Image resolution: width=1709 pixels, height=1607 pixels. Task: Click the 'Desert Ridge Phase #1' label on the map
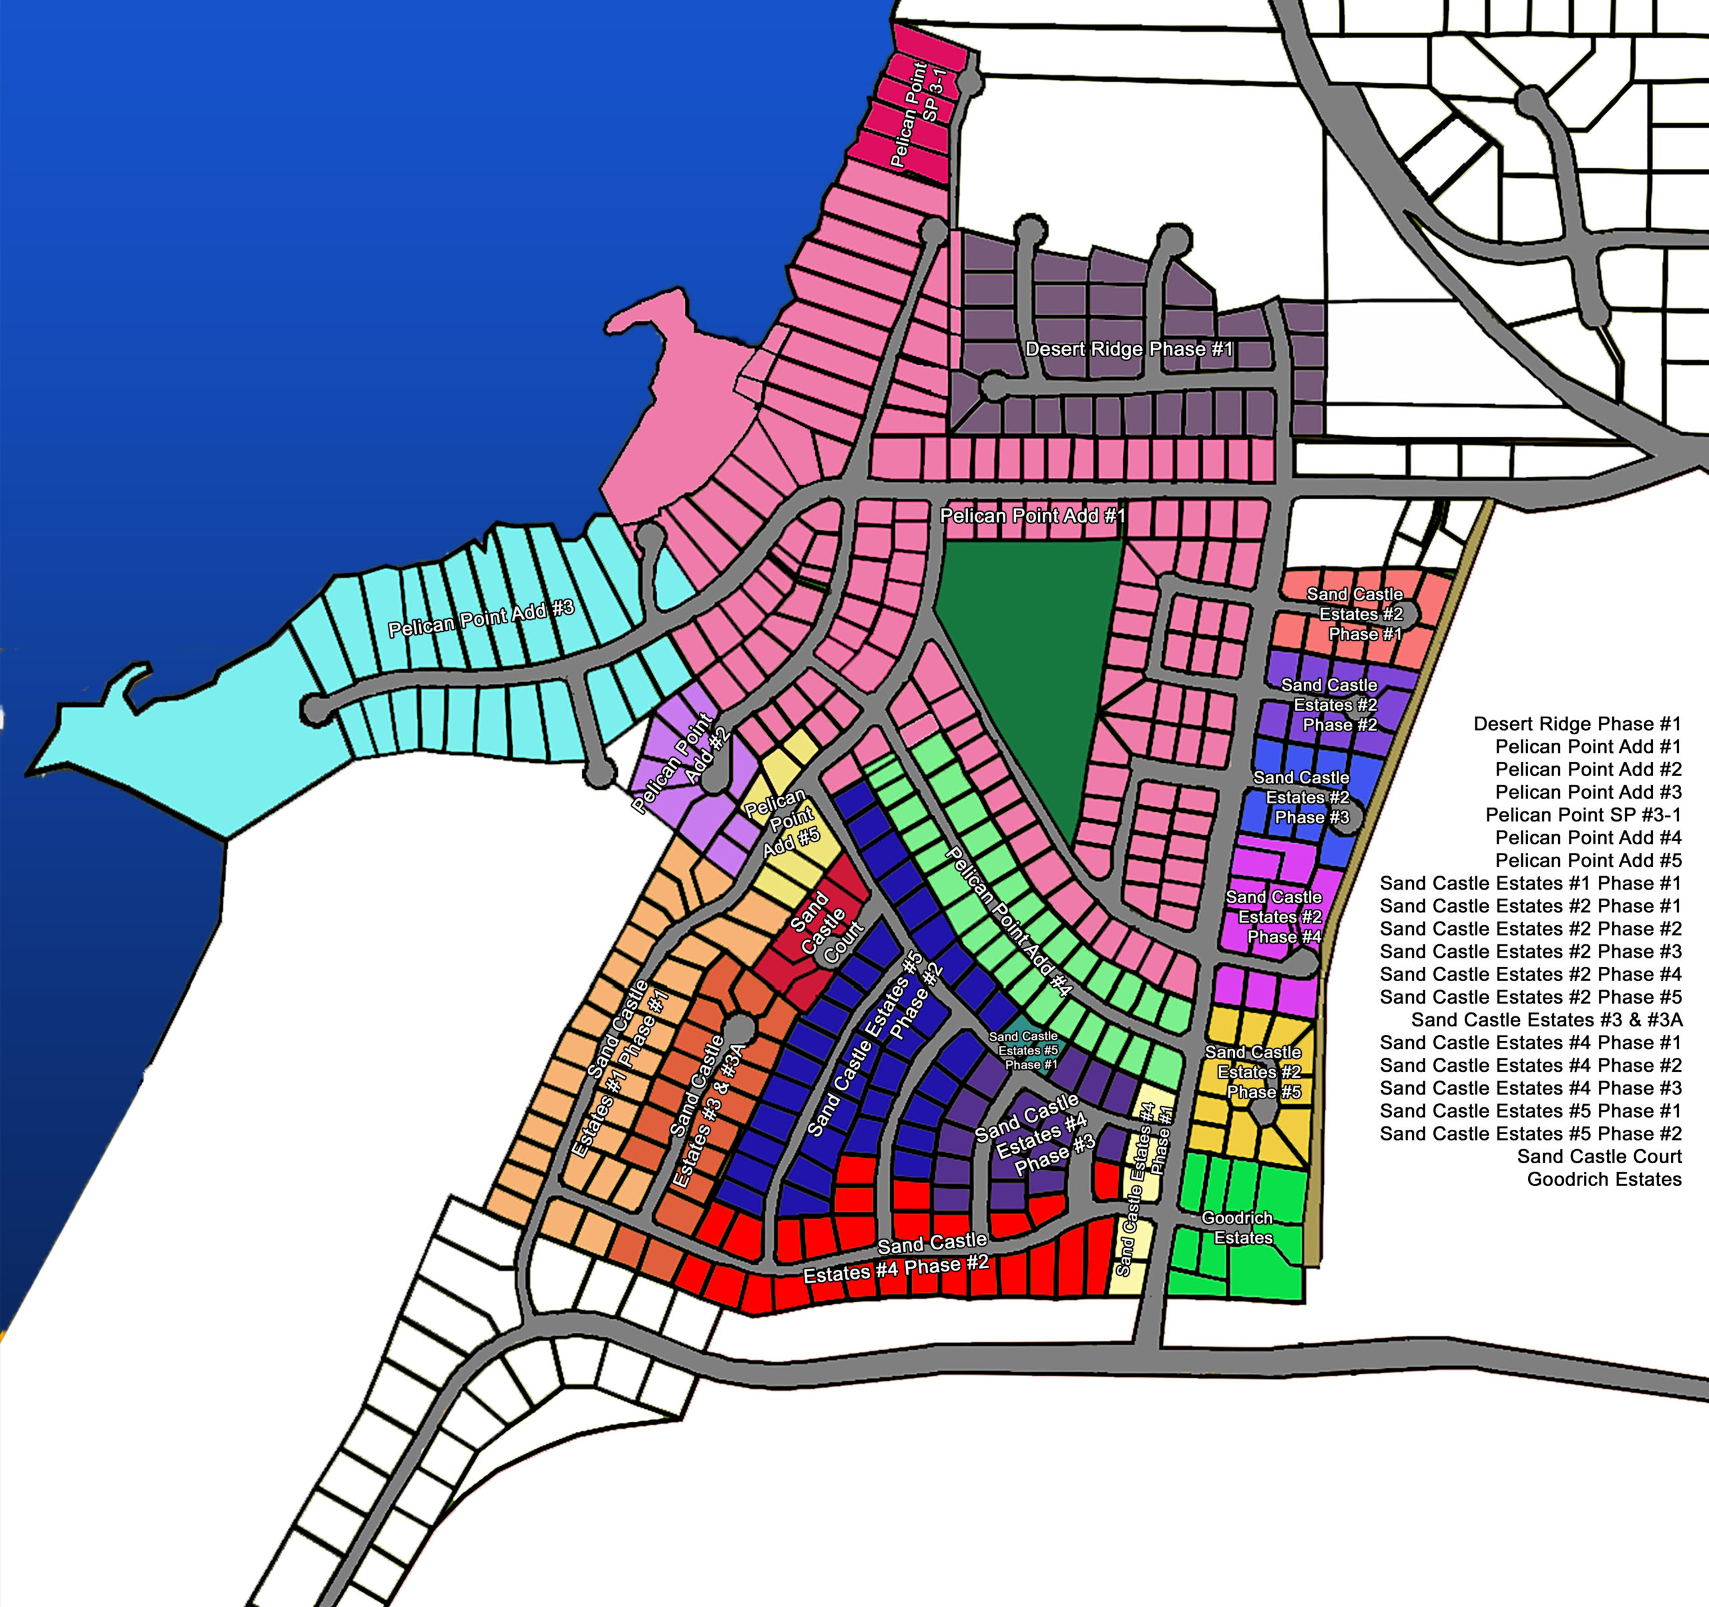click(1129, 349)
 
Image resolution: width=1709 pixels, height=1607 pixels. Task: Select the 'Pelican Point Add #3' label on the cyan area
click(481, 619)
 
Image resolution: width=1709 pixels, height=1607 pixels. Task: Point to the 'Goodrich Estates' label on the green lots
click(1237, 1228)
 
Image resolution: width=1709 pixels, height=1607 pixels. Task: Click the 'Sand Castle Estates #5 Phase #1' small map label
click(1023, 1051)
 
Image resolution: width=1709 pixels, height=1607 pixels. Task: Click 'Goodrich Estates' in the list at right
click(1604, 1179)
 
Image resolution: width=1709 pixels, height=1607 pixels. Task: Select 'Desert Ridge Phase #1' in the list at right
click(1577, 723)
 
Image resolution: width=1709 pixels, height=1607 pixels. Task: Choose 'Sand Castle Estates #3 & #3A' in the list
click(1547, 1020)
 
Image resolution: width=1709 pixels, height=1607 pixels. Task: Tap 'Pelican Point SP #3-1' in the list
click(1583, 815)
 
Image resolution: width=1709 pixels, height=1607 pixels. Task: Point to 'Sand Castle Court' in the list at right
click(1599, 1157)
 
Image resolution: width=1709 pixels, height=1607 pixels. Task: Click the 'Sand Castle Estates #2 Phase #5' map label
click(1256, 1072)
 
